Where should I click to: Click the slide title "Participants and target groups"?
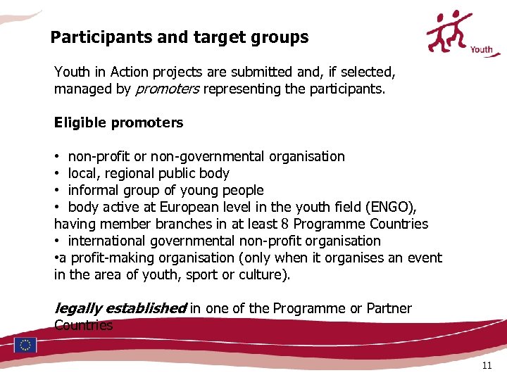180,37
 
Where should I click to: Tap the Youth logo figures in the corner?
453,30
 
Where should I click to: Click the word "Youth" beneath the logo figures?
481,49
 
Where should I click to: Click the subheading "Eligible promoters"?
118,122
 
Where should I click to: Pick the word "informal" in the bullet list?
94,190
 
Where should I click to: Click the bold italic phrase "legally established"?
120,308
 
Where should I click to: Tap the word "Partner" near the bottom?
389,308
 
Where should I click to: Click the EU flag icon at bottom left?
25,345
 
